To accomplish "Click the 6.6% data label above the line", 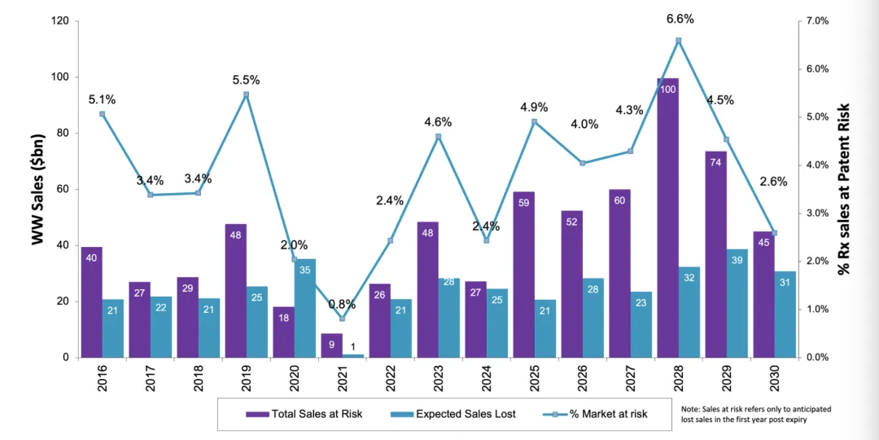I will [680, 19].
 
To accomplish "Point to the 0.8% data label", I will [343, 304].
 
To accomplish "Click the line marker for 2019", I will [247, 95].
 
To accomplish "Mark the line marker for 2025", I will [534, 122].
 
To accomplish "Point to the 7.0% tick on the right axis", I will [818, 21].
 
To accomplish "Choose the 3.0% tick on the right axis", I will [818, 213].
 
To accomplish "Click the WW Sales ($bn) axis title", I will [37, 189].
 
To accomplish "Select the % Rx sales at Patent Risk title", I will [844, 189].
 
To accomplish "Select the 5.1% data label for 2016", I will [102, 100].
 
